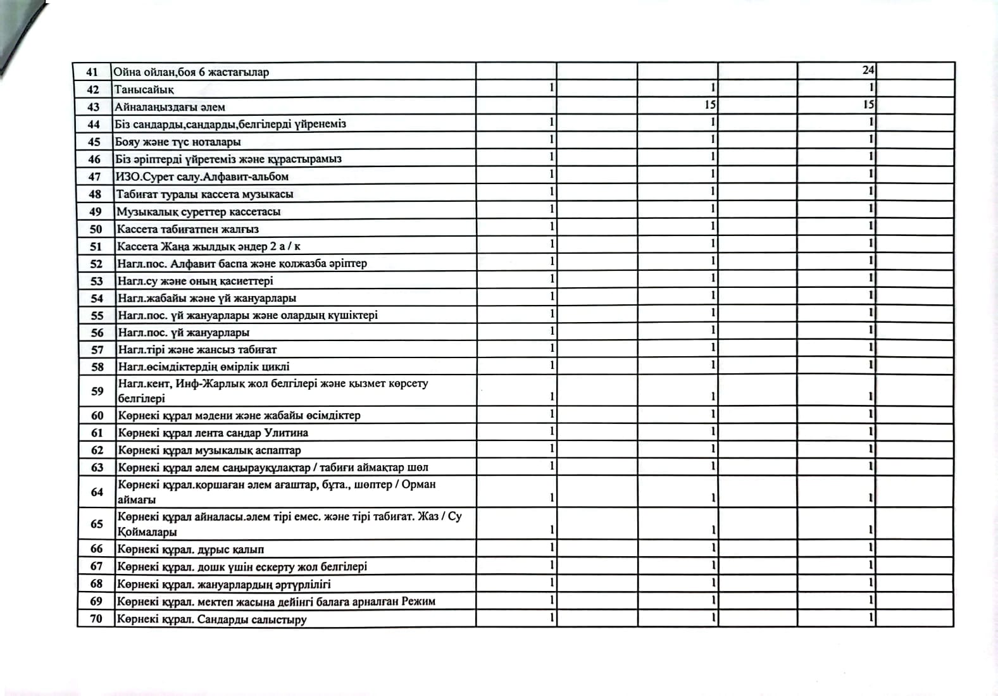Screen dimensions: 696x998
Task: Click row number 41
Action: pos(92,71)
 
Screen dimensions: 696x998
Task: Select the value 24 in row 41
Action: pos(868,70)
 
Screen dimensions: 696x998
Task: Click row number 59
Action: pos(97,391)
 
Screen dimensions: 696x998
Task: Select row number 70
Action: pos(96,618)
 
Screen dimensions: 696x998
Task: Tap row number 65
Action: pos(96,524)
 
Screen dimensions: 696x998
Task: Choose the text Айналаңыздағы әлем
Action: pos(170,107)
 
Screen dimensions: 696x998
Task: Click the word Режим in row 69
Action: pos(418,601)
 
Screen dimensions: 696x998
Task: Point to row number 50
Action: pos(96,229)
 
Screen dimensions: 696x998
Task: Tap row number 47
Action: pos(94,177)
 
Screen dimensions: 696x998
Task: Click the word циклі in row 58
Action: pos(275,366)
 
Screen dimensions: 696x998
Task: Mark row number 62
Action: pos(97,451)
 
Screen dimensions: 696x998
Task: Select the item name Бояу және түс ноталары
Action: pos(177,142)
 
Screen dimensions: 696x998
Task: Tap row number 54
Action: pos(97,298)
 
